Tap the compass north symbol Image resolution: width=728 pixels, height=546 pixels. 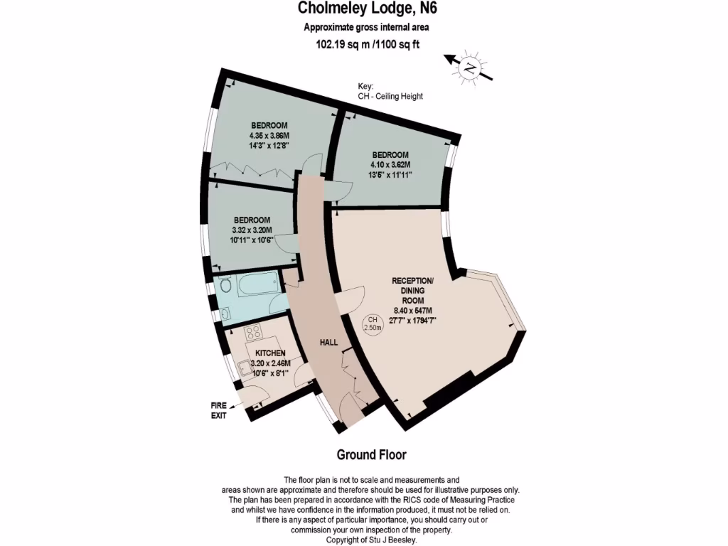(469, 68)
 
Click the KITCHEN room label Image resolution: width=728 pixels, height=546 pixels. (270, 353)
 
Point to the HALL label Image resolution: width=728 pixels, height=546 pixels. (328, 343)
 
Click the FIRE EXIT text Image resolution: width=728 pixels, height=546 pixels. (218, 410)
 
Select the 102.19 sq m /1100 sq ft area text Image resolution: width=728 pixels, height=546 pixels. (367, 43)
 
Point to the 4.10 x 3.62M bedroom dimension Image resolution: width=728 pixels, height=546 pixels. (390, 164)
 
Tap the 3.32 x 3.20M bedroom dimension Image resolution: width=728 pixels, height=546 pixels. (251, 230)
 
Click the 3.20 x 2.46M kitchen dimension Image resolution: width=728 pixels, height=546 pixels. (271, 363)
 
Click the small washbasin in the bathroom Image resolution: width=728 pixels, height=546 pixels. (225, 313)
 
